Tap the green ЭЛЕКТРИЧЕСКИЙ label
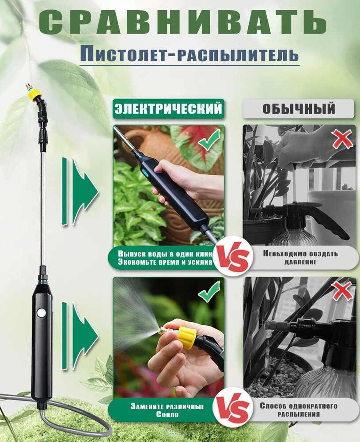point(168,109)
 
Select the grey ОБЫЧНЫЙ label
point(299,109)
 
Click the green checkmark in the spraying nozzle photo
point(209,291)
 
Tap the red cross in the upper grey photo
point(342,139)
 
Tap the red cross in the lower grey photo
point(342,291)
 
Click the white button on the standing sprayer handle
point(42,312)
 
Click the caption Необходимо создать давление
point(300,258)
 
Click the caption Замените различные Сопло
point(167,411)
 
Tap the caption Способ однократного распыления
point(299,410)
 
